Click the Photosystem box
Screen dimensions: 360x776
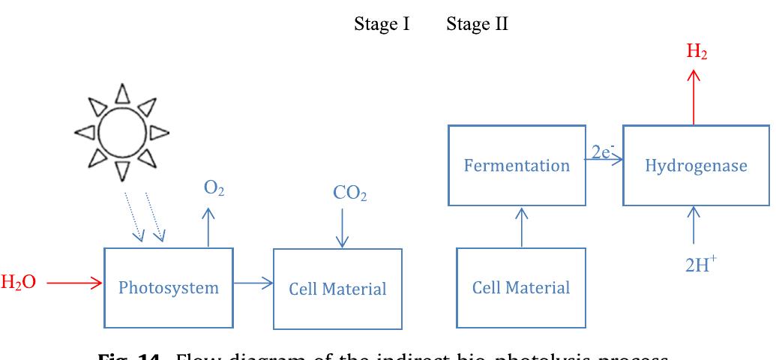(169, 287)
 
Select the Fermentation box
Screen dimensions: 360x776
(517, 166)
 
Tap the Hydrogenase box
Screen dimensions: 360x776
(696, 166)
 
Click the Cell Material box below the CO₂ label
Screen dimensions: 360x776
(337, 289)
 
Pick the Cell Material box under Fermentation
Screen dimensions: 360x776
(521, 288)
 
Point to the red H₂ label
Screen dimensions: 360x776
(697, 52)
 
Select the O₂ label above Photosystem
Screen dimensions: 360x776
(214, 190)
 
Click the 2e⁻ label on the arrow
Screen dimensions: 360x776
(601, 153)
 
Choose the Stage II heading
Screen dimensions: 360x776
(478, 24)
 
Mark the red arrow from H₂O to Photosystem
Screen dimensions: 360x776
(73, 283)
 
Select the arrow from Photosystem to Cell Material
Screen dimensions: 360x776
(253, 283)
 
